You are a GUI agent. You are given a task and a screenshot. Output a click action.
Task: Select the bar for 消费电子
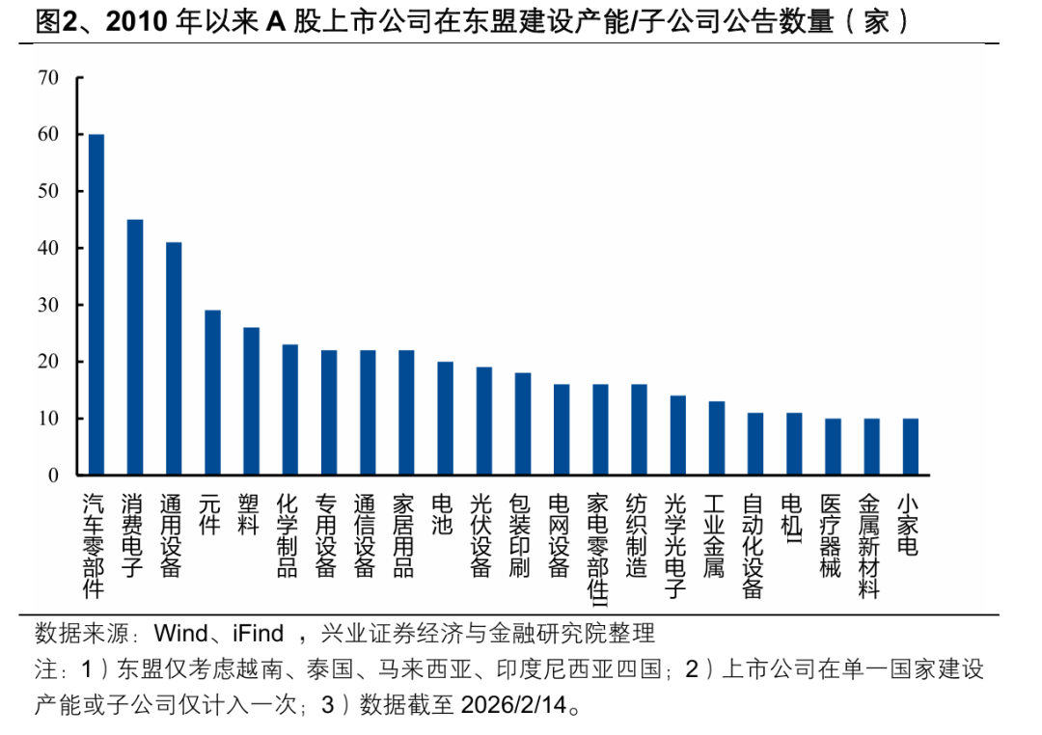pyautogui.click(x=135, y=347)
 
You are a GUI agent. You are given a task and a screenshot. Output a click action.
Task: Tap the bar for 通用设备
pyautogui.click(x=174, y=358)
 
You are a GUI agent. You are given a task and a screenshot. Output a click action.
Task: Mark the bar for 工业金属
pyautogui.click(x=716, y=438)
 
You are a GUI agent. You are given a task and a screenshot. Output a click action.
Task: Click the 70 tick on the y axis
pyautogui.click(x=48, y=78)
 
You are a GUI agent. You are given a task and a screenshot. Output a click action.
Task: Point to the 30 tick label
pyautogui.click(x=48, y=305)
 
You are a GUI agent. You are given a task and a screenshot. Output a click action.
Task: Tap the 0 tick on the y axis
pyautogui.click(x=54, y=476)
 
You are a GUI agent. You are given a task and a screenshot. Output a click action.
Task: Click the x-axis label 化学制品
pyautogui.click(x=288, y=535)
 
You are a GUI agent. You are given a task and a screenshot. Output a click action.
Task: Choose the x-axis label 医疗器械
pyautogui.click(x=830, y=535)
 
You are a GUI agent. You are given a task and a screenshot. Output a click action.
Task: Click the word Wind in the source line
pyautogui.click(x=180, y=634)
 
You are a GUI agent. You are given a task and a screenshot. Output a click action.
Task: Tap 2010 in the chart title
pyautogui.click(x=139, y=22)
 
